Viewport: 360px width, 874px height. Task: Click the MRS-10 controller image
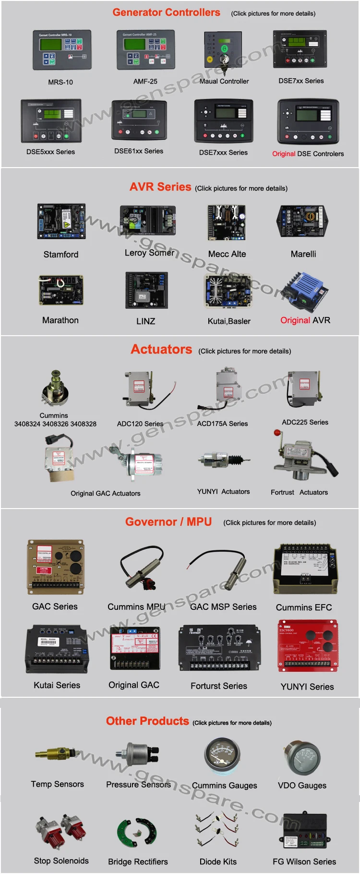coord(61,50)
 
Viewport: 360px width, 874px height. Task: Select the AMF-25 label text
coord(145,82)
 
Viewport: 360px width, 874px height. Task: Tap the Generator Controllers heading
coord(166,12)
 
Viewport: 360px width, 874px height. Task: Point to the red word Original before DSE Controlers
coord(283,154)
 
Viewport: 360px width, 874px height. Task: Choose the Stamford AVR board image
coord(61,222)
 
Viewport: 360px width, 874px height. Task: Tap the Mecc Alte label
coord(227,254)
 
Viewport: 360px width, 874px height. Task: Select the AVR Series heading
coord(160,187)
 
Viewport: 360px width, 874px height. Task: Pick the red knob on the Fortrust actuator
coord(277,433)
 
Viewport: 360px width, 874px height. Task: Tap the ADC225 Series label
coord(305,422)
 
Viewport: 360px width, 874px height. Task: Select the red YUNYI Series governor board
coord(307,645)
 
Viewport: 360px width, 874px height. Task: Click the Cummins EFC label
coord(303,607)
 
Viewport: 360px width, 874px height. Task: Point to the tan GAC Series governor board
coord(56,567)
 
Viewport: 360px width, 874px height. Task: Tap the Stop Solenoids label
coord(61,861)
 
